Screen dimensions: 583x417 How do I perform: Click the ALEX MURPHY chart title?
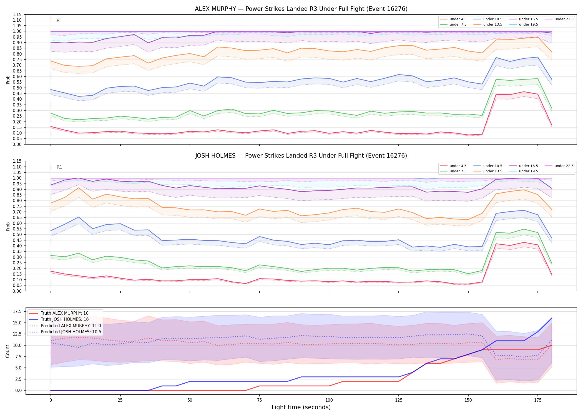301,9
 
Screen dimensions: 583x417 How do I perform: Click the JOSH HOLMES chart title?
301,156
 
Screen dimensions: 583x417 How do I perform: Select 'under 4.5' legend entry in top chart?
453,19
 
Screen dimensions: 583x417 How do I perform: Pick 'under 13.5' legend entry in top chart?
488,24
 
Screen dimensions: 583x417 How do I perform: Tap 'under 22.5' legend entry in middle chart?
559,166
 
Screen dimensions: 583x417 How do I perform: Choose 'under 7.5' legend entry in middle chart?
453,171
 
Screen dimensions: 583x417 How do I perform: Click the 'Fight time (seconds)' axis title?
301,407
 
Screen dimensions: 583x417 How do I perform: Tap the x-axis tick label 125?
399,400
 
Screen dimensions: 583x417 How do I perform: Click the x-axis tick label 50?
190,400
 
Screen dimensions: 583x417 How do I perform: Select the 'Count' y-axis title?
7,351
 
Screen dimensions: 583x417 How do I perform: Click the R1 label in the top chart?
59,21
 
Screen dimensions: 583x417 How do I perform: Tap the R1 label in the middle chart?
59,167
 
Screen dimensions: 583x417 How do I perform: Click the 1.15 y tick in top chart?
17,14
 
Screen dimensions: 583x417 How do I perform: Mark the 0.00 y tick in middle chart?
17,291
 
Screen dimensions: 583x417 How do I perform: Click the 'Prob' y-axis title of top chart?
8,80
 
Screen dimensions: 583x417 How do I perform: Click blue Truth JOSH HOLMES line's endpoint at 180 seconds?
552,318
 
